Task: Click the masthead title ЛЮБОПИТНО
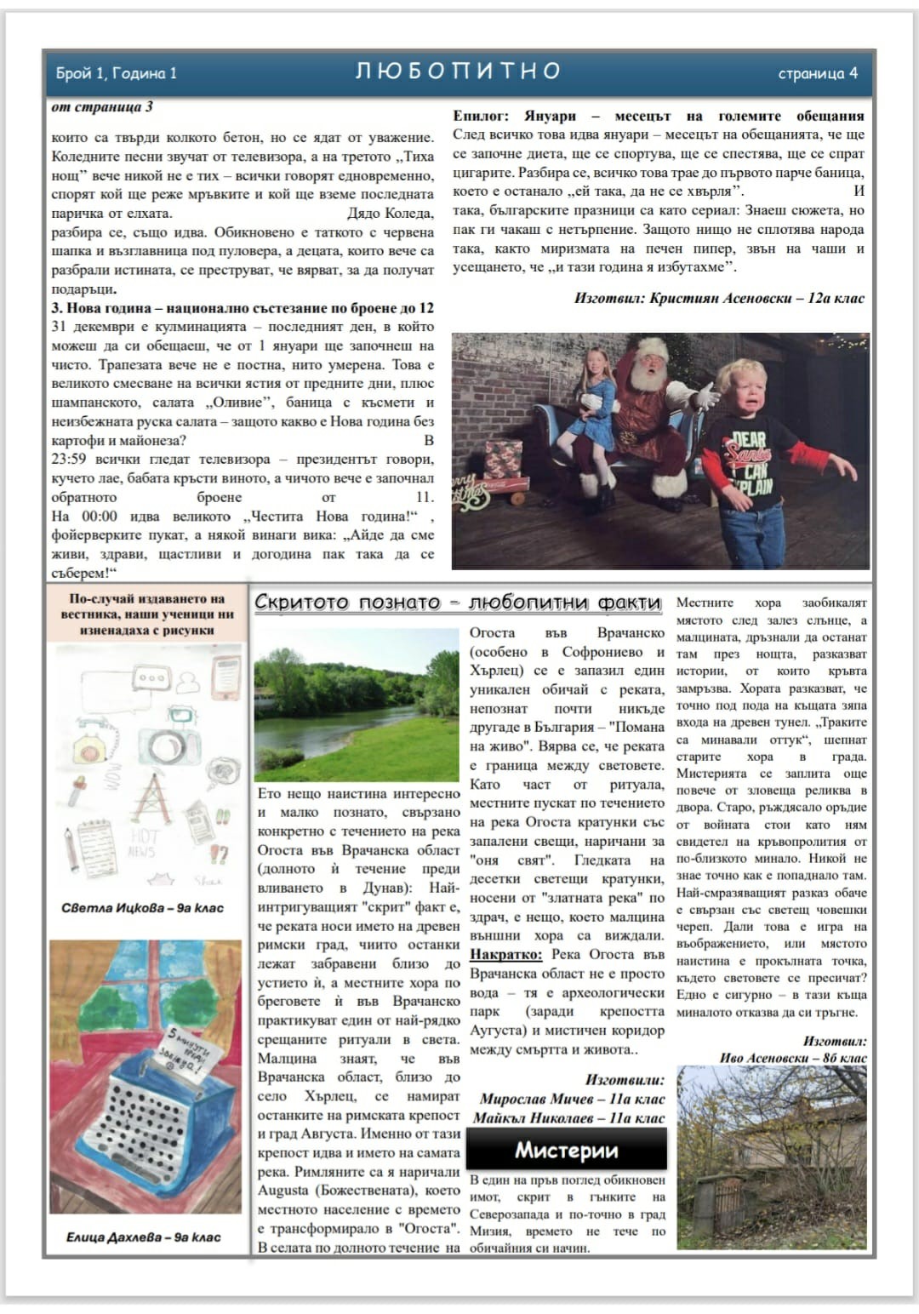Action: coord(458,71)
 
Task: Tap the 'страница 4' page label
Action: coord(817,73)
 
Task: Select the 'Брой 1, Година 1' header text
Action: coord(117,73)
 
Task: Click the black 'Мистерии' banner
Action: coord(566,1151)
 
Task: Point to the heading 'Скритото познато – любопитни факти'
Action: coord(458,603)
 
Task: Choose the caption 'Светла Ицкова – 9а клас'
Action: coord(142,907)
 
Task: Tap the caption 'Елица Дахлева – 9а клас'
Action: coord(143,1237)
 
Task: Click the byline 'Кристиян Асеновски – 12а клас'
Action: coord(719,298)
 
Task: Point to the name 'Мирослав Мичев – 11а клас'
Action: coord(572,1099)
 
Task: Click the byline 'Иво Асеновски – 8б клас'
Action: coord(793,1058)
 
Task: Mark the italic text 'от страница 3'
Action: coord(102,106)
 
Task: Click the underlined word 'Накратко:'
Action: coord(507,955)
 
